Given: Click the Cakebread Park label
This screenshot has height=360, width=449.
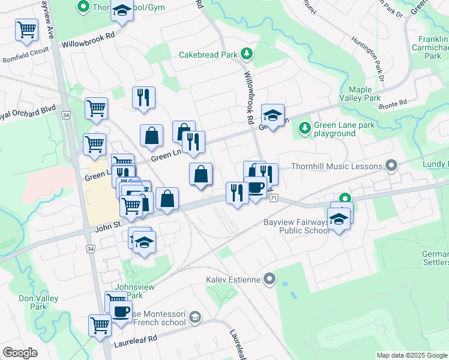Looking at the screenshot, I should click(208, 55).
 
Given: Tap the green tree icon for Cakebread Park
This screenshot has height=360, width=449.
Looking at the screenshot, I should click(246, 55).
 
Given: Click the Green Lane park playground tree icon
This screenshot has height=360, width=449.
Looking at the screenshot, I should click(305, 127).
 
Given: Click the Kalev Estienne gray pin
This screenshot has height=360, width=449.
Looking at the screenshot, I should click(270, 278).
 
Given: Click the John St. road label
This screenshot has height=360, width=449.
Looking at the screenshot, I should click(108, 229).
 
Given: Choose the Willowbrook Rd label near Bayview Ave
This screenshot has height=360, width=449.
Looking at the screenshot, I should click(88, 36).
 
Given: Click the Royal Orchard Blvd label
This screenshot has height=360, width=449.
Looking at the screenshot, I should click(27, 113).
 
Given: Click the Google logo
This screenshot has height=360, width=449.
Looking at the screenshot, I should click(20, 352).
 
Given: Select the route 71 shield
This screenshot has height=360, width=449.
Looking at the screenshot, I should click(274, 197).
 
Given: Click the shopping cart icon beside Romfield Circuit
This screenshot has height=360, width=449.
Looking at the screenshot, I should click(26, 29).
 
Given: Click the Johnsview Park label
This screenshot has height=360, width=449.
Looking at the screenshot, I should click(136, 291).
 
